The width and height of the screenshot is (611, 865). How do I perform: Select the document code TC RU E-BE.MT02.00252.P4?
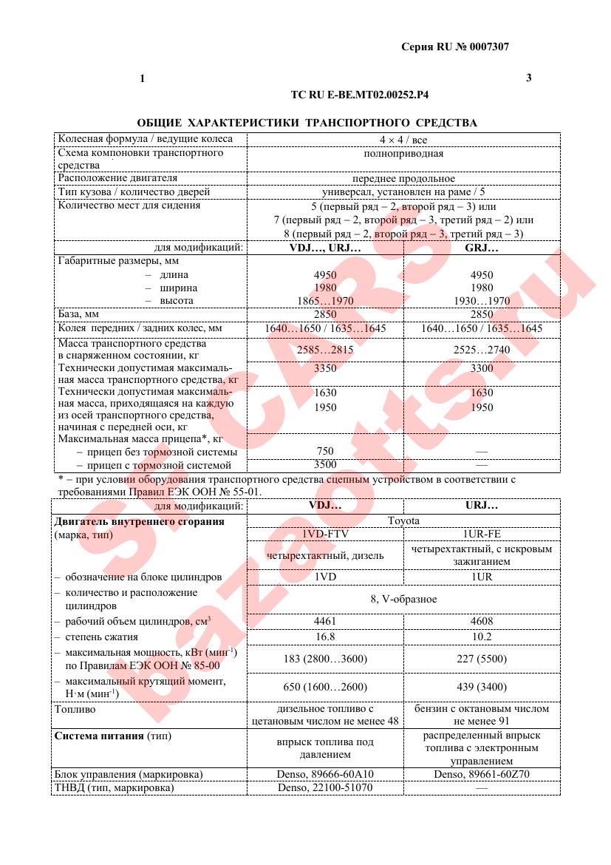click(x=361, y=95)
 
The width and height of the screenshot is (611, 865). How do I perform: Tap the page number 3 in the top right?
click(x=528, y=78)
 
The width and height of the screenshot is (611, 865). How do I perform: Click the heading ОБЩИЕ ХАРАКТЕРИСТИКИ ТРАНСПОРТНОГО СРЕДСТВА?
click(x=307, y=123)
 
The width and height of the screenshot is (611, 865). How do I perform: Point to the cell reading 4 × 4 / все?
click(x=403, y=139)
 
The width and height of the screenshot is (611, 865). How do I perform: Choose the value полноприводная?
click(x=403, y=154)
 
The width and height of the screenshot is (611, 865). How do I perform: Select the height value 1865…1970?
click(x=325, y=301)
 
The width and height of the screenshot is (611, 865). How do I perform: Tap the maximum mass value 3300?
click(x=482, y=368)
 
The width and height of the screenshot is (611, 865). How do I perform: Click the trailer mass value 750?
click(x=325, y=451)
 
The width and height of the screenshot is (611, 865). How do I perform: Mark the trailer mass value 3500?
click(x=325, y=465)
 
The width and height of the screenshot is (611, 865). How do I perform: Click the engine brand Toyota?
click(x=403, y=521)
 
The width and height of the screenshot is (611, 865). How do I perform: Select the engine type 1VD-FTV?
click(x=325, y=535)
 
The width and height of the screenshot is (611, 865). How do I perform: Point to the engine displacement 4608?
click(x=482, y=621)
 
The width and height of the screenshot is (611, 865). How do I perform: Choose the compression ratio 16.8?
click(x=325, y=637)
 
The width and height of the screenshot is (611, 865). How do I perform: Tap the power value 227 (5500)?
click(x=482, y=659)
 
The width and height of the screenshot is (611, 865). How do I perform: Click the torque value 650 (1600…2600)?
click(x=325, y=687)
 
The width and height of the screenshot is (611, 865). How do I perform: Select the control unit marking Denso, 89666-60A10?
click(x=325, y=774)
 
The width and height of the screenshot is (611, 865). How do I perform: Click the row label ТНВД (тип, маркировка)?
click(x=115, y=788)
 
